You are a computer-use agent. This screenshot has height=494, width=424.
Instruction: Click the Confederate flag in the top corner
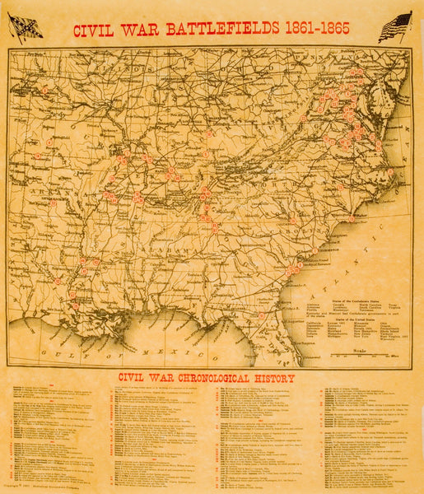tap(25, 27)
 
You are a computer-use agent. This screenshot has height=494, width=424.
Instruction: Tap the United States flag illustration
tap(395, 27)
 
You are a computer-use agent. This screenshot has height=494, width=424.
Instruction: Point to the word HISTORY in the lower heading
tap(274, 379)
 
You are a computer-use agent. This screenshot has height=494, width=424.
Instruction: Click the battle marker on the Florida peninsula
tap(262, 315)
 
